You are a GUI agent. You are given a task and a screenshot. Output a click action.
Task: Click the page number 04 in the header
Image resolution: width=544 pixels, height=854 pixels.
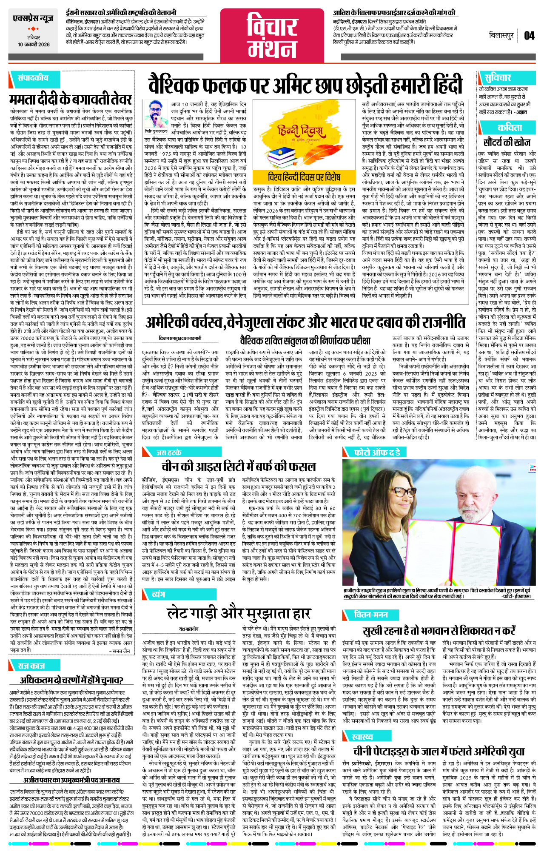coord(529,36)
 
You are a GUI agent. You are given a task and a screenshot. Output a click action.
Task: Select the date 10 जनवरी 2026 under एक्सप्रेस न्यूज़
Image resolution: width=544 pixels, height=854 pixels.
coord(34,45)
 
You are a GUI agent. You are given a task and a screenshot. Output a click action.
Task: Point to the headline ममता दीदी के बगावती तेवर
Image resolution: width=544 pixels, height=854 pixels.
coord(71,99)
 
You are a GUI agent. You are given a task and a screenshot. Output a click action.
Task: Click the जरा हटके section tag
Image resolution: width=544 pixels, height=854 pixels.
coord(169,453)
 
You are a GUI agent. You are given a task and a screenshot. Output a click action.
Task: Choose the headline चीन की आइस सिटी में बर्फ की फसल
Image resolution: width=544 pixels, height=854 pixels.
coord(238,466)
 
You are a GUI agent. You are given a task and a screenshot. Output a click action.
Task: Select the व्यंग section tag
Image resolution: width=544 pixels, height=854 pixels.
coord(158,594)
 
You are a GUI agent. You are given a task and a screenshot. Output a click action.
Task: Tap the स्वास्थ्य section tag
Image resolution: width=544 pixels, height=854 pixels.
coord(362,737)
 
